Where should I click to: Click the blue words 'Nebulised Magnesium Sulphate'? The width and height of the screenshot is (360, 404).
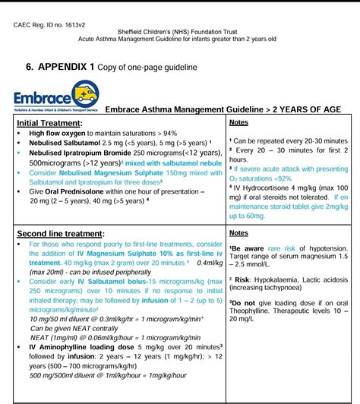pos(102,172)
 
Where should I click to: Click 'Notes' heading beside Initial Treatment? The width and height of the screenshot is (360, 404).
pos(238,122)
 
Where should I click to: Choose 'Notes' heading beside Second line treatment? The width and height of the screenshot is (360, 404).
pos(238,213)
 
